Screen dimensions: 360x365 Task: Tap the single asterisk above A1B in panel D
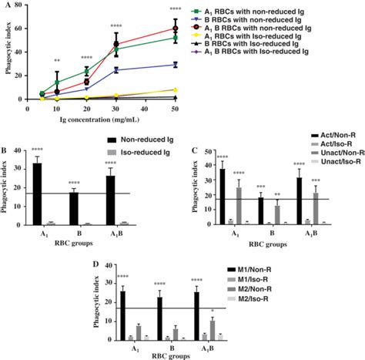213,310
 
